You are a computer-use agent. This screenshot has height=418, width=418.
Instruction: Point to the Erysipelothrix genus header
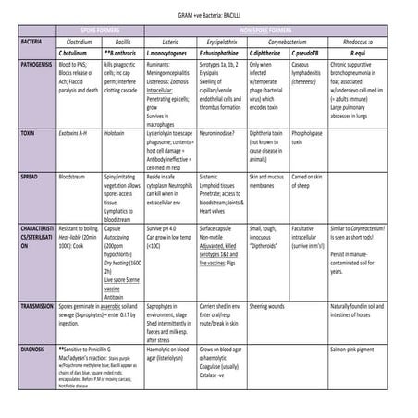coord(219,42)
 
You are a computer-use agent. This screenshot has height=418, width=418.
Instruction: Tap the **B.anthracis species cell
coord(123,54)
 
